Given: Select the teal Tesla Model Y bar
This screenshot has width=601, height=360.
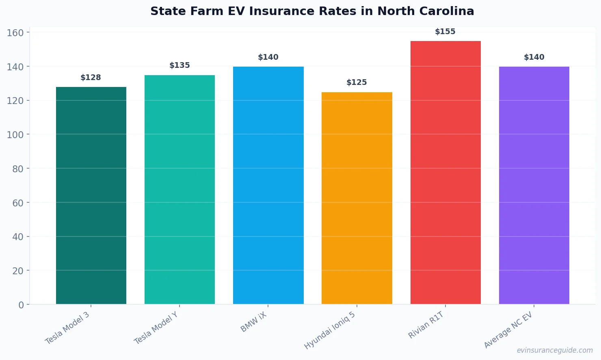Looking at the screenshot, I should [179, 189].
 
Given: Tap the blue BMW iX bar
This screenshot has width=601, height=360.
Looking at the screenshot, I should [268, 185].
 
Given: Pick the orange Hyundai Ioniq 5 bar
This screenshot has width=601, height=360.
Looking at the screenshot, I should [357, 198].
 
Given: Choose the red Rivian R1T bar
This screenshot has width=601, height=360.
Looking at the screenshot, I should [445, 172].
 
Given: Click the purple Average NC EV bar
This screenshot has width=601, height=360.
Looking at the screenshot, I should [534, 185].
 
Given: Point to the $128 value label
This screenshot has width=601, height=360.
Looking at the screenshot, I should [91, 78].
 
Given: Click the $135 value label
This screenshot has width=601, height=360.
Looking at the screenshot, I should [179, 65].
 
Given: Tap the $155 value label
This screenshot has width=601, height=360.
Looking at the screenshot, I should [445, 32].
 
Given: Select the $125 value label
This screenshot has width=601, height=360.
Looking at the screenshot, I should [357, 82].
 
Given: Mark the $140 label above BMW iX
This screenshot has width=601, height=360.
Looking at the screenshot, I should [268, 57].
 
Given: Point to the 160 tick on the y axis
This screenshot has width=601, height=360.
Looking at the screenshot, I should [15, 33].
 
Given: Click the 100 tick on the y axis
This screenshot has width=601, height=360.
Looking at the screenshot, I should [15, 134].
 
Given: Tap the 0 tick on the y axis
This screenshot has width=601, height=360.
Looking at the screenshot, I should [21, 305].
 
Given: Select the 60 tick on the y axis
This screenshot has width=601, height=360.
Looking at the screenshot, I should [18, 203].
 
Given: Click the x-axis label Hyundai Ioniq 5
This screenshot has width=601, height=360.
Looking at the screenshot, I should [330, 330].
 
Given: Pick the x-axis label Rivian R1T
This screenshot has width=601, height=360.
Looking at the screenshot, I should [426, 325].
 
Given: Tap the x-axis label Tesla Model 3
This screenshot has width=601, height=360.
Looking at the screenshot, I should [67, 328].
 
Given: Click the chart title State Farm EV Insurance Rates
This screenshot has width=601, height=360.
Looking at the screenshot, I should [312, 11].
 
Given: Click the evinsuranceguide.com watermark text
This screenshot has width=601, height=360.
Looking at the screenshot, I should [554, 350].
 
